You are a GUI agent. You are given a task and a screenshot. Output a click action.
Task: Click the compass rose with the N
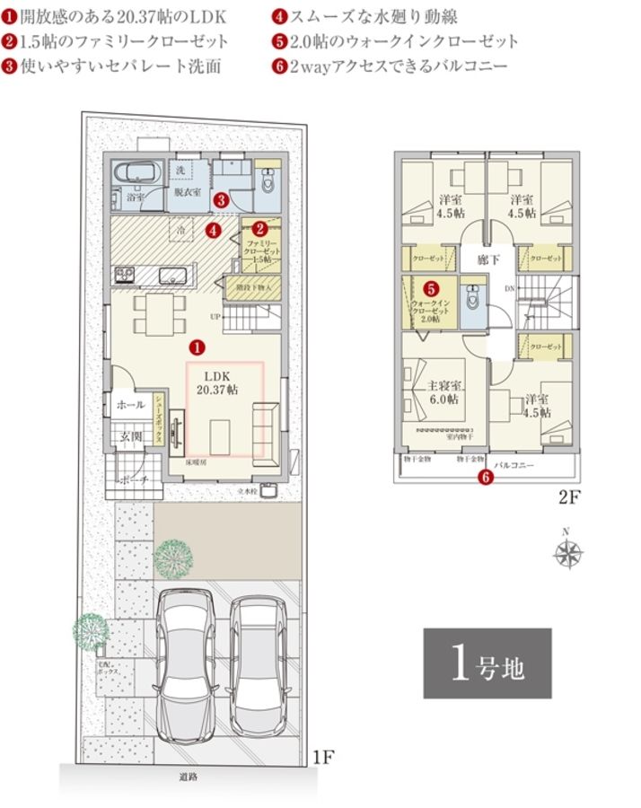pos(568,554)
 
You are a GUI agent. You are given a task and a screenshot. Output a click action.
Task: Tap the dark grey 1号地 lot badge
pos(487,663)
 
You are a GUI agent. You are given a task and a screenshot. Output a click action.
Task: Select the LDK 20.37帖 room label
pos(219,383)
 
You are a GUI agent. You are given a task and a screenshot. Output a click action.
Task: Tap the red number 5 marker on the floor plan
pos(432,289)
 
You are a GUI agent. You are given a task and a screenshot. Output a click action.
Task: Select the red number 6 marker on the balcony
pos(486,477)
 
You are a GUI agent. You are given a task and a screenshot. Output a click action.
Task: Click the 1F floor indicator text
pos(324,757)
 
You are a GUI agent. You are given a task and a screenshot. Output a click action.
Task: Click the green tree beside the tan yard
pos(172,558)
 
